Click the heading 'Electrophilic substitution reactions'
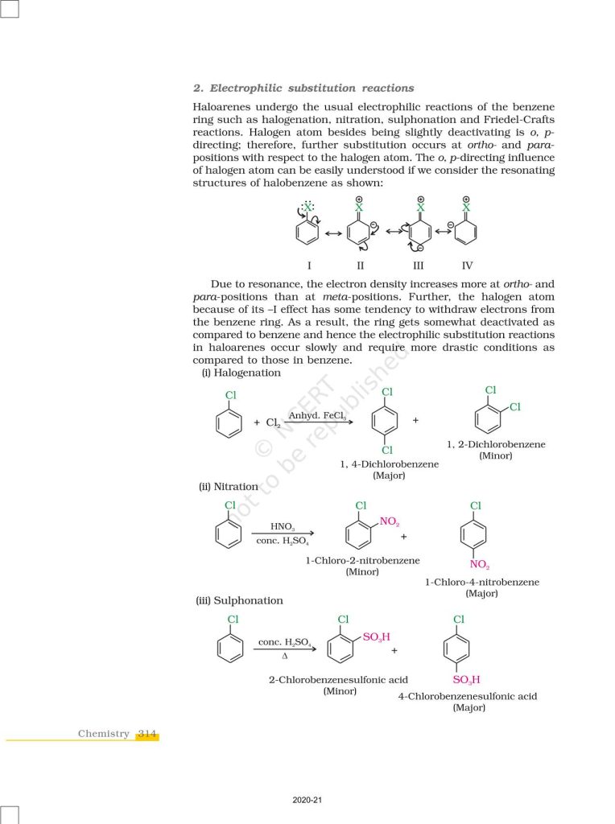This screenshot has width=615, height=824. coord(312,88)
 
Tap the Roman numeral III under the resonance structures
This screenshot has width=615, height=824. coord(418,265)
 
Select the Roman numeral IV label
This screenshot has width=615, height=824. coord(468,265)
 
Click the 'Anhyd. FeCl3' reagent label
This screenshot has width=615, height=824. coord(317,415)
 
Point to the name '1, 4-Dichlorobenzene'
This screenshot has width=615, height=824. coord(389,464)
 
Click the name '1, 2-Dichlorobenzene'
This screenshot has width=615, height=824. coord(496,444)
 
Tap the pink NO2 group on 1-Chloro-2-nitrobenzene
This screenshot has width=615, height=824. coord(389,522)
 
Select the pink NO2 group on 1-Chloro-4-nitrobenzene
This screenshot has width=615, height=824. coord(480,564)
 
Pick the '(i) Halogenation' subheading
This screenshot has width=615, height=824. coord(241,373)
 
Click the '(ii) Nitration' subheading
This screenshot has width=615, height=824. coord(228,486)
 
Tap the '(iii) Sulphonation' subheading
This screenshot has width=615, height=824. coord(240,600)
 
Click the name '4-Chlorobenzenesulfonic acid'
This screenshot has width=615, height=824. coord(467,696)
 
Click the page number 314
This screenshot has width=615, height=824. coord(147,733)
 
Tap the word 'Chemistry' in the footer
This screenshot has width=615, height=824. coord(103,733)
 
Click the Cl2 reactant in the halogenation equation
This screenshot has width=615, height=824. coord(272,422)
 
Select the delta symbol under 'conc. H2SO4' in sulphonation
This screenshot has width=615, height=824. coord(285,656)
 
